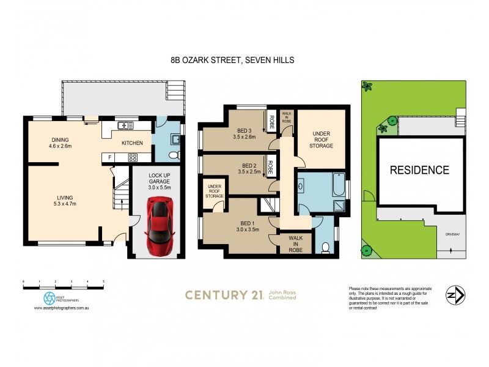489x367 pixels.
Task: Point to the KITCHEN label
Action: tap(132, 143)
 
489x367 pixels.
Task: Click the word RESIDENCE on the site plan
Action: tap(419, 170)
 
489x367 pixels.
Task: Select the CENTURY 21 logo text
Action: tap(224, 295)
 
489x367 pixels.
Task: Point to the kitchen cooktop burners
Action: tap(131, 157)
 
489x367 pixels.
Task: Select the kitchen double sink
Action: tap(126, 126)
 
